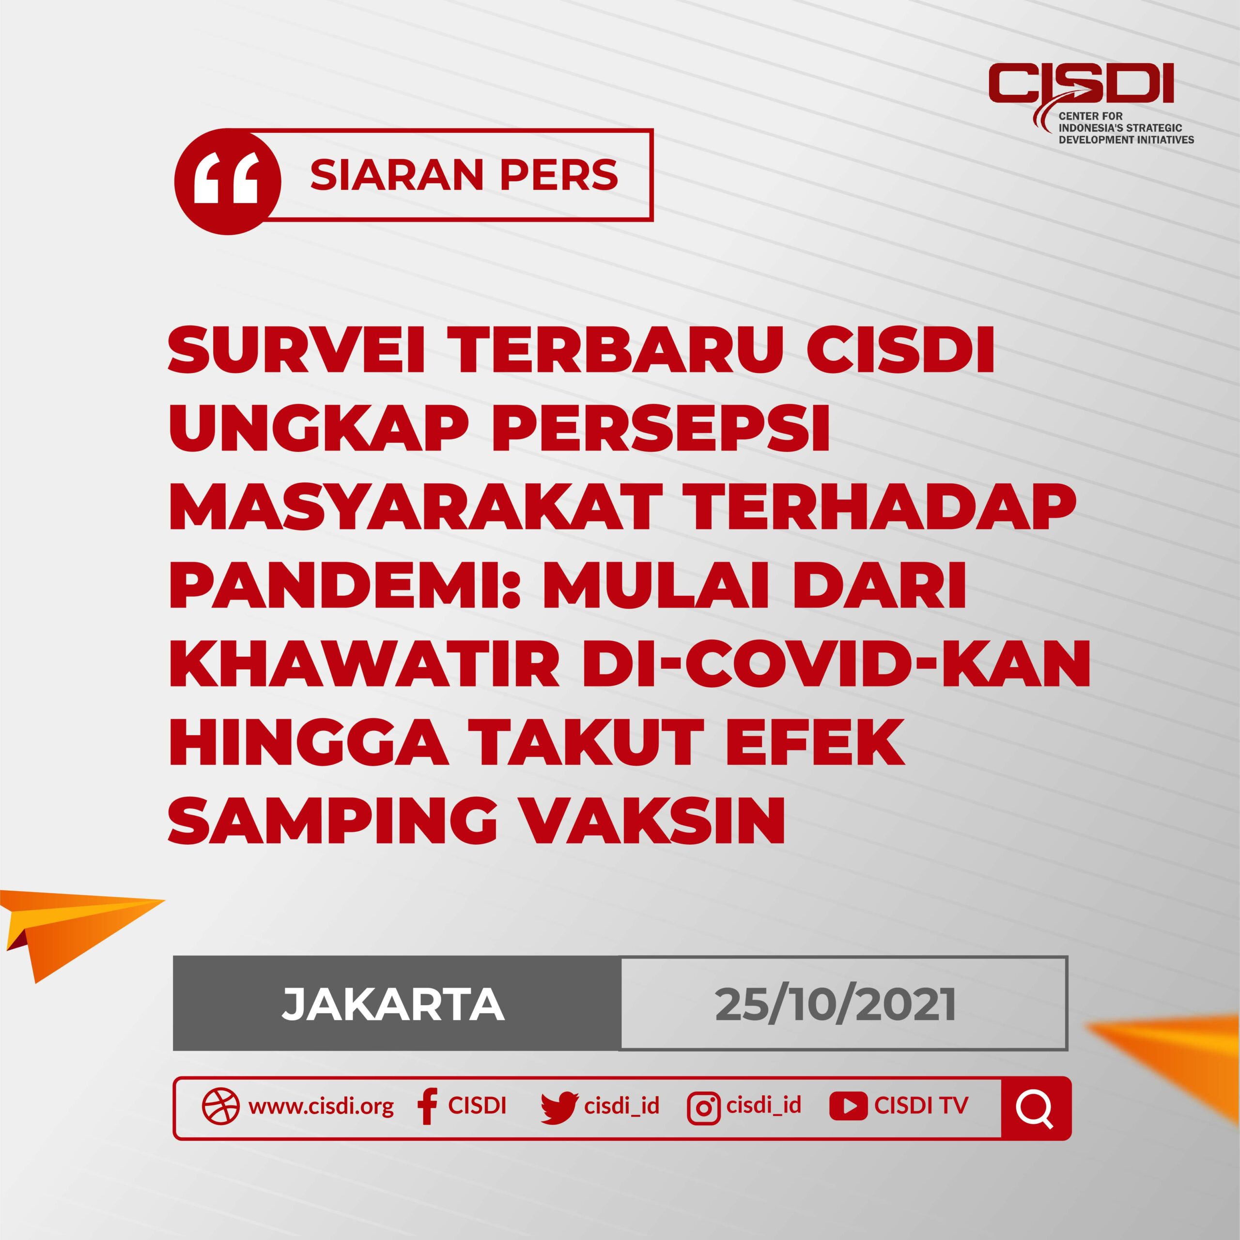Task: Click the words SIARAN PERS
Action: coord(464,174)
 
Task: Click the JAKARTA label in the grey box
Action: coord(393,1005)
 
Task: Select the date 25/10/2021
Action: coord(836,1005)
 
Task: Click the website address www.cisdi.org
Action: coord(321,1106)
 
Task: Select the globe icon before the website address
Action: coord(221,1106)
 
